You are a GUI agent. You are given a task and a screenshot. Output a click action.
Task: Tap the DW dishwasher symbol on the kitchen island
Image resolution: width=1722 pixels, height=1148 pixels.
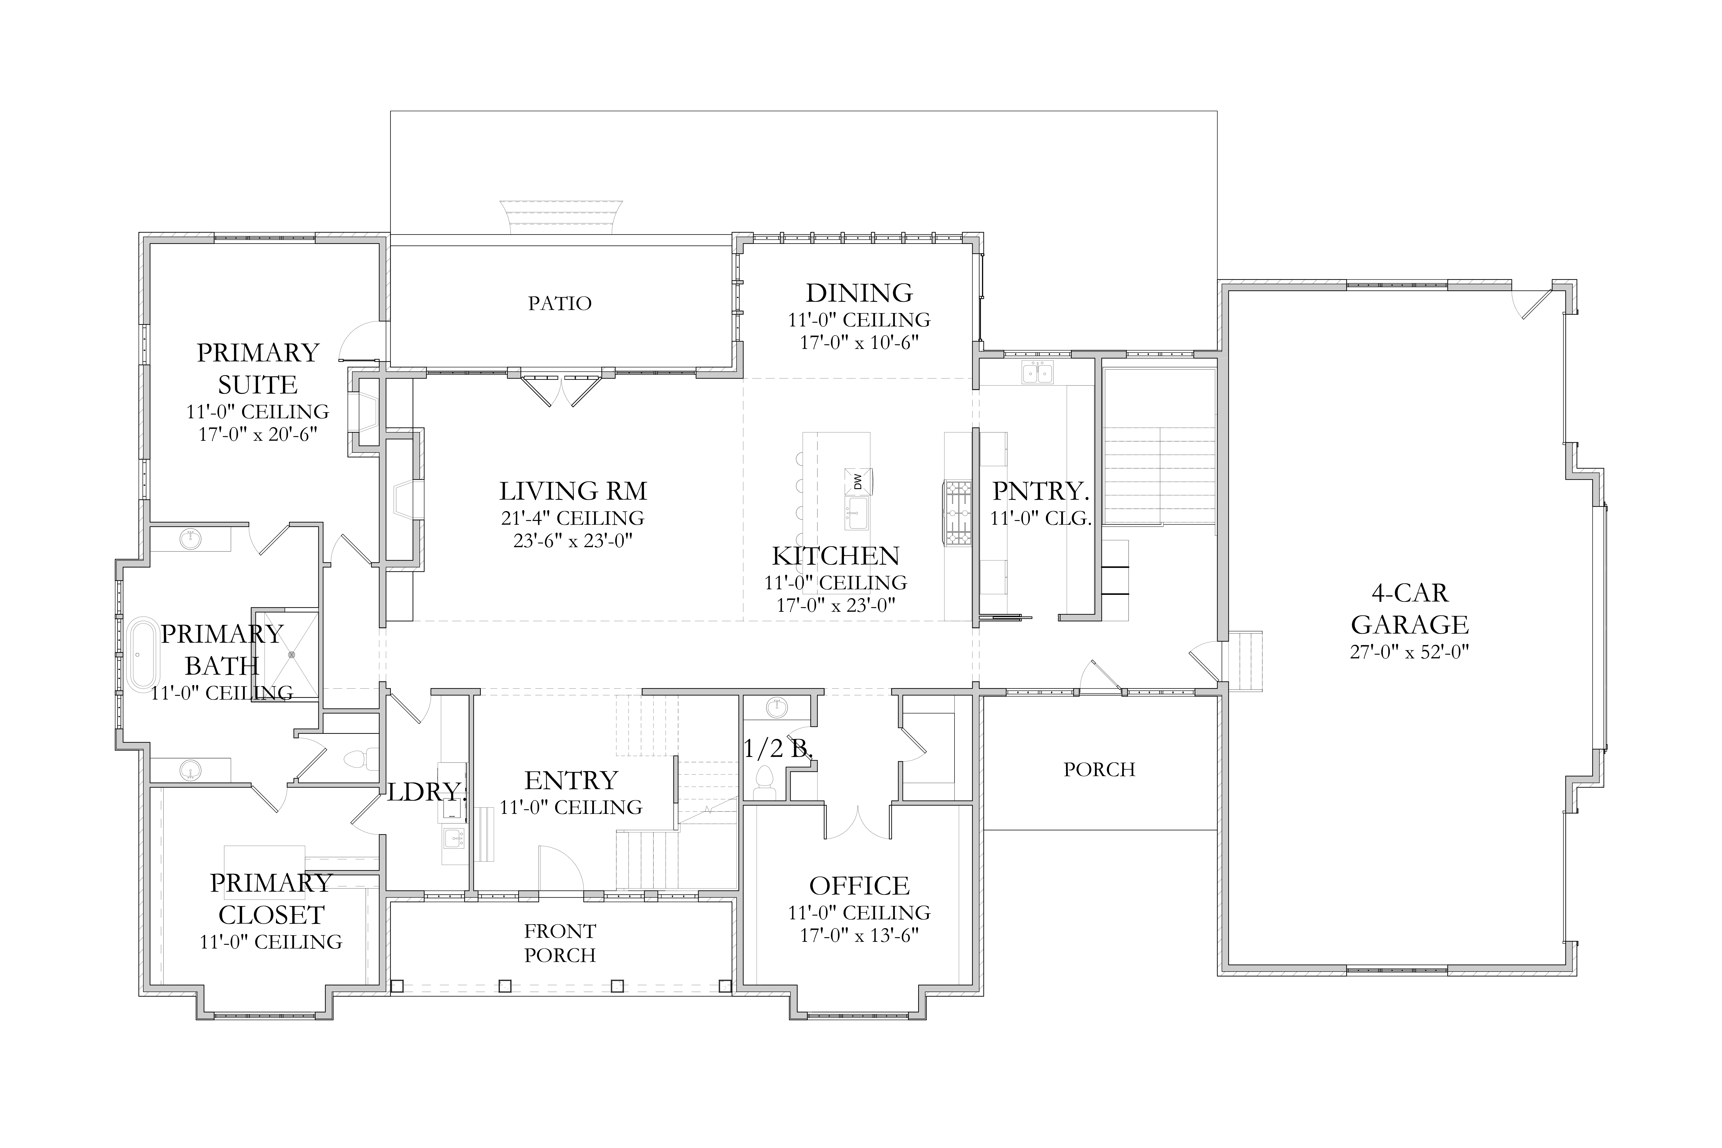click(x=858, y=481)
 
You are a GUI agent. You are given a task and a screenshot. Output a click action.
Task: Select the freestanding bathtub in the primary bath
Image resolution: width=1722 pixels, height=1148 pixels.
click(x=143, y=655)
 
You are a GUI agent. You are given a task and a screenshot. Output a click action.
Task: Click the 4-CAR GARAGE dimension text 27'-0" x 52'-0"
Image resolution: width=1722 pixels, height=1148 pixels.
click(x=1409, y=651)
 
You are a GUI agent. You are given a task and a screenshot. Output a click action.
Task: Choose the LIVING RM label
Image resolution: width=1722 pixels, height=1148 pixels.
click(x=573, y=491)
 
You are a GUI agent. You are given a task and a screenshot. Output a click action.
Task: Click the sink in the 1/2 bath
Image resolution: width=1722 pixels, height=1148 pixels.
click(x=777, y=708)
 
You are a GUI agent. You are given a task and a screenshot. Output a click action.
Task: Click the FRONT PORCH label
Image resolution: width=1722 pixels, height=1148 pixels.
click(x=560, y=943)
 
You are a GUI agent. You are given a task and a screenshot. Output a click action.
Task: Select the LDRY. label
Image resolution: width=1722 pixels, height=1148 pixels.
click(x=425, y=791)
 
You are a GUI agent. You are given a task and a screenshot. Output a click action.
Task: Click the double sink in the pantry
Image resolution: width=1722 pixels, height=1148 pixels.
click(x=1038, y=373)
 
